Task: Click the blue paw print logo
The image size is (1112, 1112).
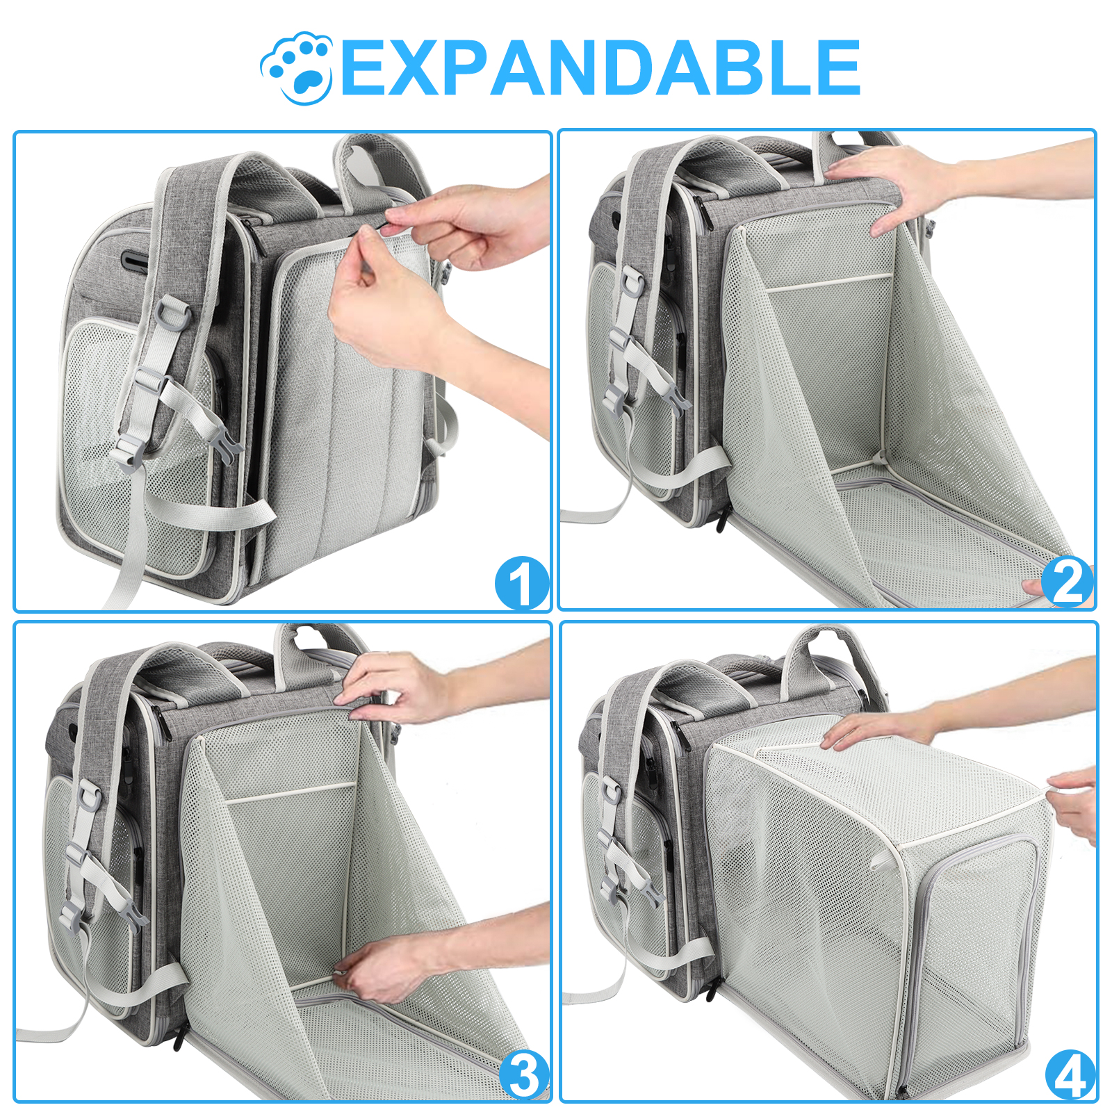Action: pyautogui.click(x=297, y=67)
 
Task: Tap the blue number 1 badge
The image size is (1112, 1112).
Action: pyautogui.click(x=521, y=584)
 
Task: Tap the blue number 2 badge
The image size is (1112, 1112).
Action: pyautogui.click(x=1068, y=582)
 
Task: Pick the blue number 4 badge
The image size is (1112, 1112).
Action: pyautogui.click(x=1070, y=1075)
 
